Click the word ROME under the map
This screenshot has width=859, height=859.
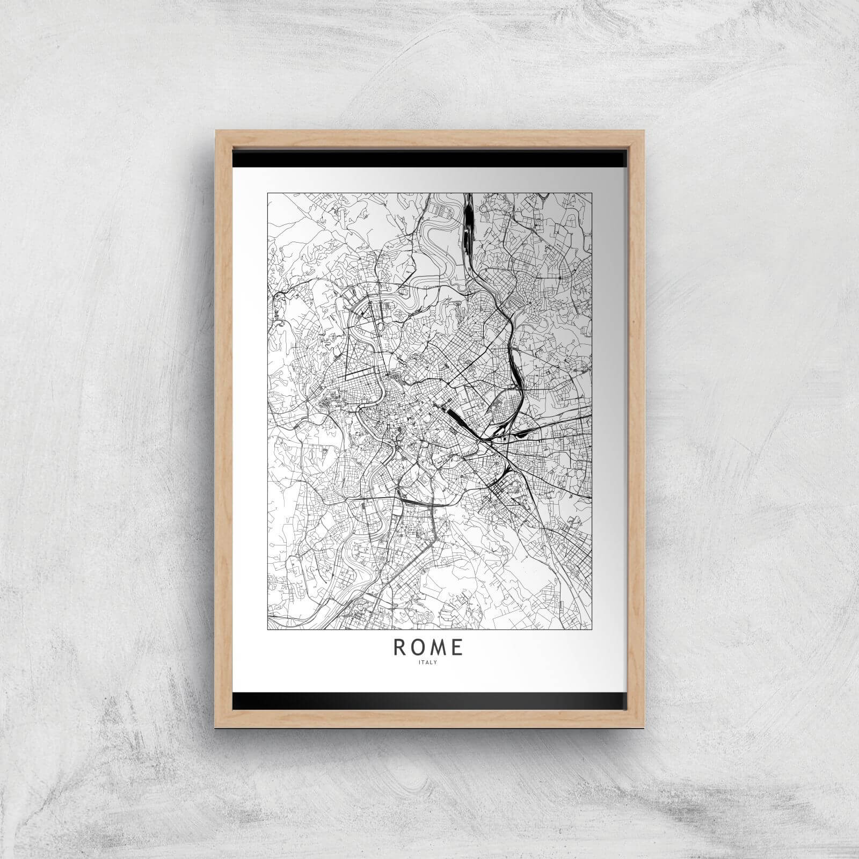pyautogui.click(x=428, y=648)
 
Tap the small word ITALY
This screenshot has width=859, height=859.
pyautogui.click(x=428, y=662)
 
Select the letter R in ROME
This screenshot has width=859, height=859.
pyautogui.click(x=400, y=648)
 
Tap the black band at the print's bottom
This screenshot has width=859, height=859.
pyautogui.click(x=429, y=700)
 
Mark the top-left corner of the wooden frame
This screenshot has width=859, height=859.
pyautogui.click(x=216, y=129)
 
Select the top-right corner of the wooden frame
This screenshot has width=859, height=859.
pyautogui.click(x=643, y=129)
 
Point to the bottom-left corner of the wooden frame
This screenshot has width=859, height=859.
pyautogui.click(x=216, y=727)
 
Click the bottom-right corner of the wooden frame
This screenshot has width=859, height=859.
pyautogui.click(x=643, y=727)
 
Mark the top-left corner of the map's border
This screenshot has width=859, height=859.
pyautogui.click(x=267, y=193)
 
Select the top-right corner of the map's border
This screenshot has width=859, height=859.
pyautogui.click(x=592, y=193)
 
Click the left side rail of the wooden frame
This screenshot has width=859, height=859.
pyautogui.click(x=223, y=429)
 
